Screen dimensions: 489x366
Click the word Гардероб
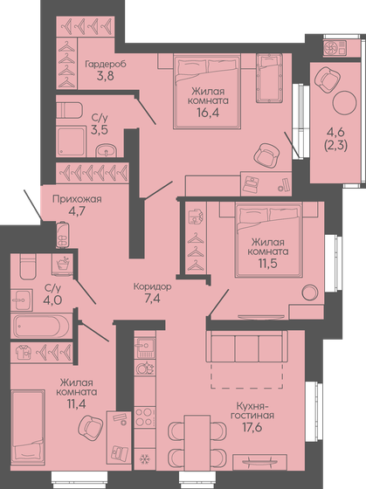pyautogui.click(x=107, y=65)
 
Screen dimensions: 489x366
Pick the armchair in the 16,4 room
pyautogui.click(x=268, y=155)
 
